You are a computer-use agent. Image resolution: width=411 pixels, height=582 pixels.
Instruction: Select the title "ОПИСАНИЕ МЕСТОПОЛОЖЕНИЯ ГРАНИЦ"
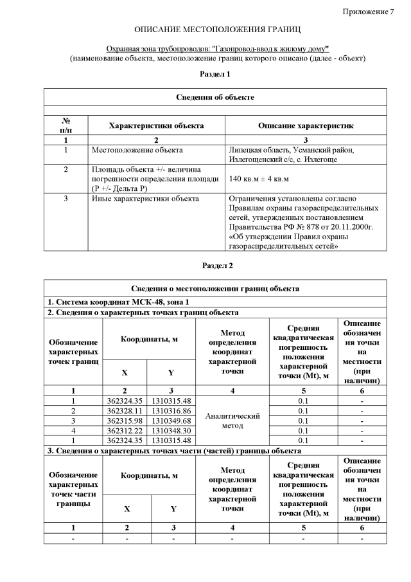pos(217,30)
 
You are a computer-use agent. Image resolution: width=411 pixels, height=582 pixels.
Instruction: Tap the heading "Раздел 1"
pos(215,75)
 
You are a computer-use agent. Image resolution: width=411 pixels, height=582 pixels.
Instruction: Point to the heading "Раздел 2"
pos(217,265)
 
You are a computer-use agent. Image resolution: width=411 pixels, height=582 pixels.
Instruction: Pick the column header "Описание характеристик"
pos(306,126)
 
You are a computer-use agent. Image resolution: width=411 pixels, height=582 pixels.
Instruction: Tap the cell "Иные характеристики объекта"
pos(145,199)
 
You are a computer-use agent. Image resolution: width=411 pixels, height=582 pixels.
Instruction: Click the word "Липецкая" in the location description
pos(246,150)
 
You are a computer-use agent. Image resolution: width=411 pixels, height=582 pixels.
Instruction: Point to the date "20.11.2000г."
pos(351,227)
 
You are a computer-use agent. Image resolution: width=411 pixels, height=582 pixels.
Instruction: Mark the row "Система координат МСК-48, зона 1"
pos(127,302)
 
